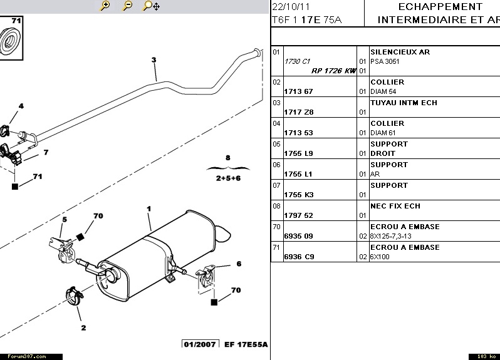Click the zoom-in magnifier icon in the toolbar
105,6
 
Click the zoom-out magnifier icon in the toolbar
127,6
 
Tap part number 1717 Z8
299,112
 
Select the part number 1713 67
299,91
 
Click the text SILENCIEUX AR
400,52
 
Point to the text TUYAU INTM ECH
404,103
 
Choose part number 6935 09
299,236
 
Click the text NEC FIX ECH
395,206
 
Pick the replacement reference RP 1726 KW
333,71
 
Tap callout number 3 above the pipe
153,60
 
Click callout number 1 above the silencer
149,208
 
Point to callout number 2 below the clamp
83,327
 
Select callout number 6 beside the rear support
239,264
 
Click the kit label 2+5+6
228,178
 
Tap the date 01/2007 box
200,344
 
